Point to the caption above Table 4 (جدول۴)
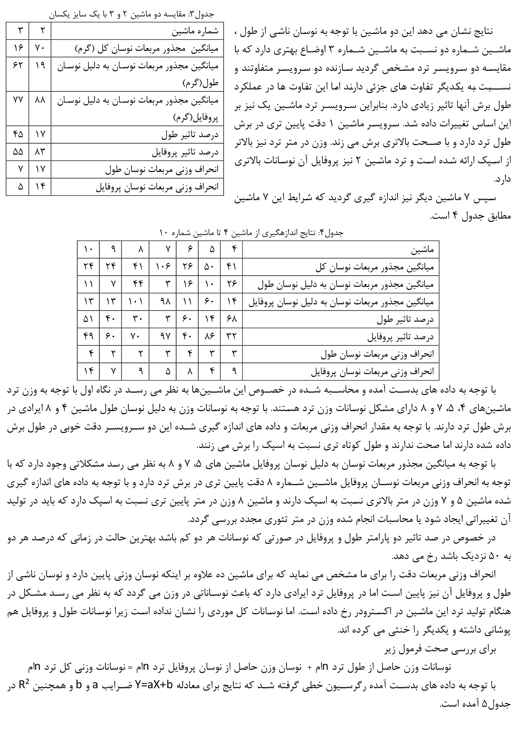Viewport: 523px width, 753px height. (258, 233)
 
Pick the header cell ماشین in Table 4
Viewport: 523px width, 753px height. (422, 250)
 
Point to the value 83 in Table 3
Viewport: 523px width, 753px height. (39, 152)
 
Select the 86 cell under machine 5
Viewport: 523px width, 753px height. (209, 336)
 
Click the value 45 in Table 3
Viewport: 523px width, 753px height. (18, 134)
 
